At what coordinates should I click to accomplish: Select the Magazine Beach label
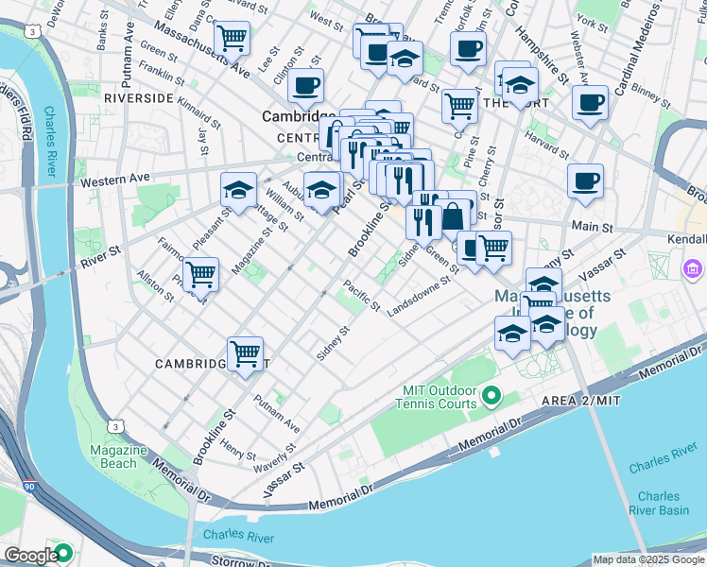(x=118, y=456)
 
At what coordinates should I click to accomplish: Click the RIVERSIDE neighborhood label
(x=138, y=97)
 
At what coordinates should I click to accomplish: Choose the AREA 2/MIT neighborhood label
(x=580, y=402)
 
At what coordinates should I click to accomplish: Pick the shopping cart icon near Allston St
(x=200, y=276)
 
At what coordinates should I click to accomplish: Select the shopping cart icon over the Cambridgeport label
(x=245, y=353)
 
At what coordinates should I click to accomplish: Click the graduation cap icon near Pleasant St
(x=238, y=190)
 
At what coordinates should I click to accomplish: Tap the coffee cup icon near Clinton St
(x=305, y=86)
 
